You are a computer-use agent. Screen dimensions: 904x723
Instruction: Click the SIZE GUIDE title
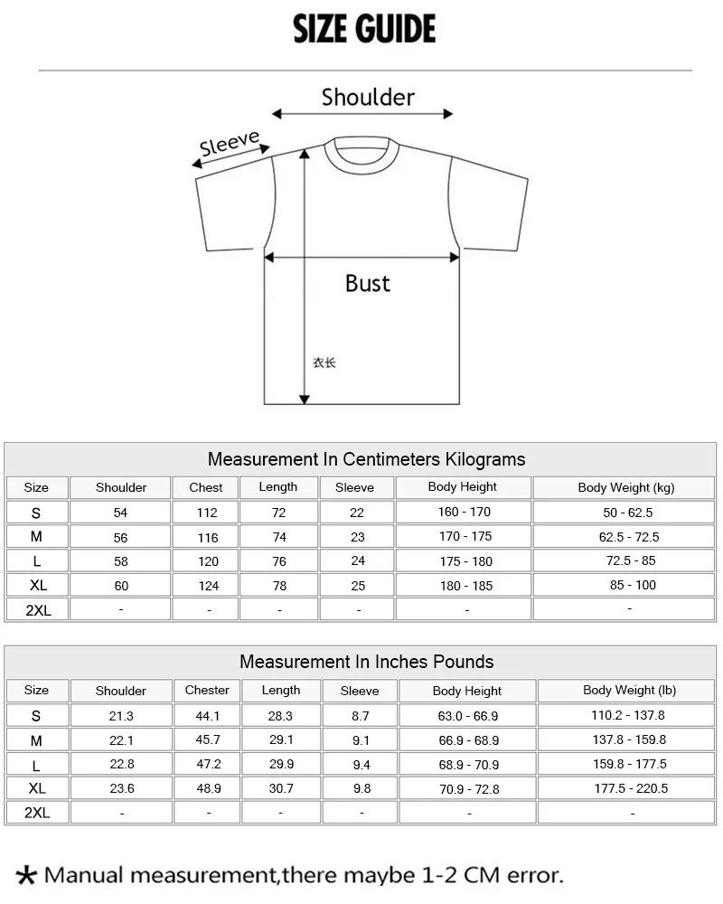[364, 30]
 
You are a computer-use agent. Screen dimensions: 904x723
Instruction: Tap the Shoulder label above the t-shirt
[368, 97]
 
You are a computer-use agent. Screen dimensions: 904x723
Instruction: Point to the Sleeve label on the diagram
[230, 144]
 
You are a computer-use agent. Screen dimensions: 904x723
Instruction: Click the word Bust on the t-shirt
[368, 283]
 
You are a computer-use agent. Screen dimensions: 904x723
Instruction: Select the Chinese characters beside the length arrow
[324, 363]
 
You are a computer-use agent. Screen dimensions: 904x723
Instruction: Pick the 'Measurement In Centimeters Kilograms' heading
[366, 459]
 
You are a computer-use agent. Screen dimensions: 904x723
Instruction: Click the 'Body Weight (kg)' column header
[625, 487]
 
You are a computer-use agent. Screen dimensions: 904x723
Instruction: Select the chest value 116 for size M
[207, 537]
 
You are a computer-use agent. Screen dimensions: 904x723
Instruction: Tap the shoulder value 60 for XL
[121, 586]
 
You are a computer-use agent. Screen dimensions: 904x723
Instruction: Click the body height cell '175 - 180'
[465, 561]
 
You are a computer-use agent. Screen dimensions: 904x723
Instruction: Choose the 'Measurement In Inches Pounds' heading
[366, 662]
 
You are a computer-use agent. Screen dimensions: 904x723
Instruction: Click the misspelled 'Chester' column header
[207, 690]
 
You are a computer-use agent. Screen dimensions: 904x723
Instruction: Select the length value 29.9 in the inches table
[281, 765]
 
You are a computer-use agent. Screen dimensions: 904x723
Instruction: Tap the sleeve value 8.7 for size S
[360, 716]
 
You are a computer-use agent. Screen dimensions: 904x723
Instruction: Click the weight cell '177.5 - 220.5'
[631, 788]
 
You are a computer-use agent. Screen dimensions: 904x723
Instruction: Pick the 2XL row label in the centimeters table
[38, 610]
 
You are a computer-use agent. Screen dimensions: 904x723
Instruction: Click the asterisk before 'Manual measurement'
[28, 875]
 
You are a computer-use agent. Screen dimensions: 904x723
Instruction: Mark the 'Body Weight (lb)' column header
[629, 690]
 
